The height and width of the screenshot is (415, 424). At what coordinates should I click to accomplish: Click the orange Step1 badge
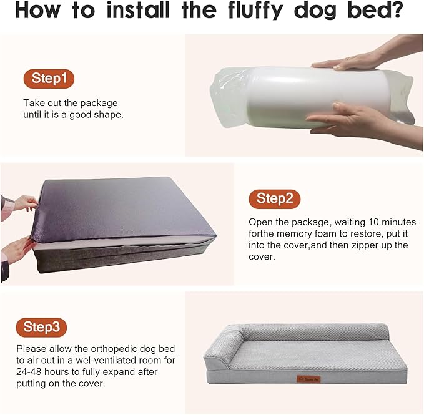coord(49,79)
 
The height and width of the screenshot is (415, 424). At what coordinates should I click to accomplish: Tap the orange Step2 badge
coord(274,199)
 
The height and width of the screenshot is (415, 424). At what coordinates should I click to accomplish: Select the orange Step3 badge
coord(42,326)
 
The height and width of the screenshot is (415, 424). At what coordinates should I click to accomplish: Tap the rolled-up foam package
coord(300,97)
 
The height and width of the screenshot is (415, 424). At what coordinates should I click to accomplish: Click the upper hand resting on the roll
coord(350,61)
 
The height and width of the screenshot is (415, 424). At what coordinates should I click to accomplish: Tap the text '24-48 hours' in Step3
coord(42,372)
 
